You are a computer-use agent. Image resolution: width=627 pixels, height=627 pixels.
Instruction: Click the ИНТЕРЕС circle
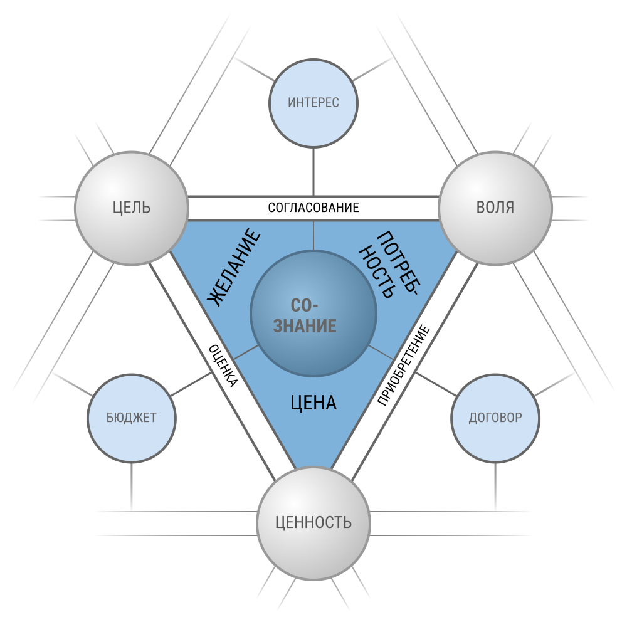click(x=313, y=103)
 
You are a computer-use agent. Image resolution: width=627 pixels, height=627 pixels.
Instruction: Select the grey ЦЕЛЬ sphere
click(x=132, y=208)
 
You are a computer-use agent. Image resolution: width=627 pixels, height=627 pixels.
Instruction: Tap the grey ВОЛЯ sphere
click(x=495, y=208)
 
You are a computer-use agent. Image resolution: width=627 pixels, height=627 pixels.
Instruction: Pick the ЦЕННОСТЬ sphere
click(x=313, y=523)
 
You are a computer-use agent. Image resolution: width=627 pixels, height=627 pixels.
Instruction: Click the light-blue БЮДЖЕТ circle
click(x=132, y=418)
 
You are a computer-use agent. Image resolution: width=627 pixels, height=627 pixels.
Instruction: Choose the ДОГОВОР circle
click(x=495, y=418)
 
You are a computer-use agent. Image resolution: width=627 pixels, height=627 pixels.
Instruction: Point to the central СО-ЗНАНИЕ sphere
click(x=313, y=313)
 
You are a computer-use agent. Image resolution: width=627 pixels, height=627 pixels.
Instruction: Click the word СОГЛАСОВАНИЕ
click(x=313, y=208)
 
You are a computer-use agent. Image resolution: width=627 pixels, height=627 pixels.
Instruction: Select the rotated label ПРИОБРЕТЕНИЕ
click(x=404, y=366)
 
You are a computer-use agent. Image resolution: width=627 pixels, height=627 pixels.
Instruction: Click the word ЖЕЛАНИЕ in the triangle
click(x=233, y=267)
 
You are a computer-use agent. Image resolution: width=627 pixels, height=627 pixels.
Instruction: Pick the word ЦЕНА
click(x=313, y=403)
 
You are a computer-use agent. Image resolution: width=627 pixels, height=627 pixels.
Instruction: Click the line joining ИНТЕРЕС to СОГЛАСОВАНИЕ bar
click(x=313, y=172)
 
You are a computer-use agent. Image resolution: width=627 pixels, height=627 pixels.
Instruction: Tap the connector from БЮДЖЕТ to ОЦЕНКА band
click(x=191, y=384)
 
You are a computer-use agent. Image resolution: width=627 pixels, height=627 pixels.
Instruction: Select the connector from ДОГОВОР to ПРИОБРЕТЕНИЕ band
click(x=436, y=384)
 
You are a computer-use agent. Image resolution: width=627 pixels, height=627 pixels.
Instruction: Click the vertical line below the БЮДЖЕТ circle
click(x=132, y=487)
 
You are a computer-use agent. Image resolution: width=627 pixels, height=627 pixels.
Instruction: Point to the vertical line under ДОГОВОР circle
click(x=495, y=487)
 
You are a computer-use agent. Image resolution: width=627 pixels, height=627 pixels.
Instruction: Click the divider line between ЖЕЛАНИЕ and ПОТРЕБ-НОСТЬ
click(x=313, y=236)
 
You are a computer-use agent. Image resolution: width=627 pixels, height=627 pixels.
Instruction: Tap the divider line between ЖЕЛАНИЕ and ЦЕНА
click(x=246, y=352)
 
